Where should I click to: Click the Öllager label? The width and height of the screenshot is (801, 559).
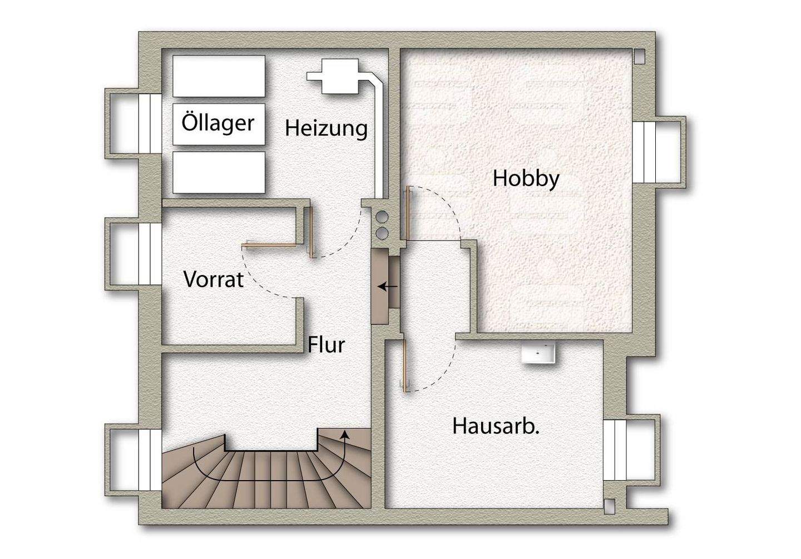pyautogui.click(x=217, y=123)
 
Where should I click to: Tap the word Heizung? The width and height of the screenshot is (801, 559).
pyautogui.click(x=327, y=128)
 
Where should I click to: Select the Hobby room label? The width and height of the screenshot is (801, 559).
pyautogui.click(x=526, y=179)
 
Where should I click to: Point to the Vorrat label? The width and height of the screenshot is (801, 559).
pyautogui.click(x=214, y=279)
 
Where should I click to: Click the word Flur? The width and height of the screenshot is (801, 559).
pyautogui.click(x=327, y=345)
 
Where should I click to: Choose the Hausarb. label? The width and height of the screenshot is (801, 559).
pyautogui.click(x=497, y=427)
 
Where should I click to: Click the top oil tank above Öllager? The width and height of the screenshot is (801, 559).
pyautogui.click(x=219, y=77)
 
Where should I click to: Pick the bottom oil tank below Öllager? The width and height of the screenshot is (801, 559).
pyautogui.click(x=219, y=172)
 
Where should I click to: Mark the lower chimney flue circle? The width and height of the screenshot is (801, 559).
pyautogui.click(x=382, y=233)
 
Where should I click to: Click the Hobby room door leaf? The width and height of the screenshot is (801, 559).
pyautogui.click(x=408, y=213)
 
